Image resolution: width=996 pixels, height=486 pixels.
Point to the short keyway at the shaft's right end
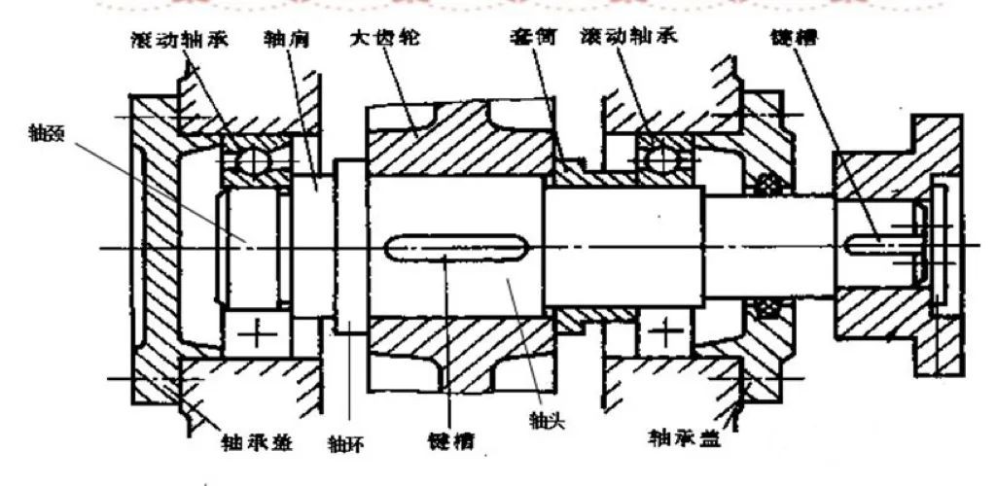coord(875,240)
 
